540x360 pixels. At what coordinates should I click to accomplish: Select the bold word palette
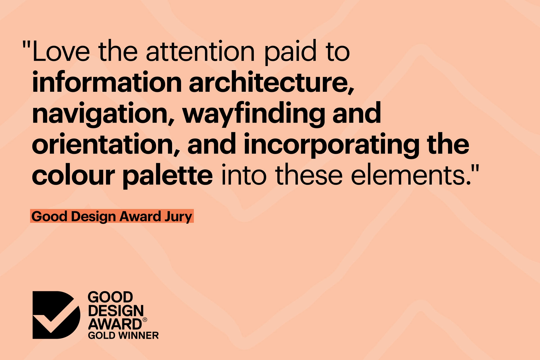[x=168, y=175]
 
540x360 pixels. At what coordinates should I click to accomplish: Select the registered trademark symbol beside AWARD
[x=145, y=320]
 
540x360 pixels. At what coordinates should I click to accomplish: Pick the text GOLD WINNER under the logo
[x=123, y=336]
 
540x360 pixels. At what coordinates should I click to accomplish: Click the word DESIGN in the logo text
[x=116, y=311]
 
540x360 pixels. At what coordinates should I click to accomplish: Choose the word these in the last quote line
[x=311, y=175]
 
